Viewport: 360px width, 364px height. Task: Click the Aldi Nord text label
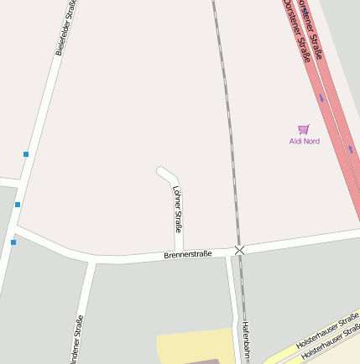tap(304, 141)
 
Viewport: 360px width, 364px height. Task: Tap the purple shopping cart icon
tap(304, 129)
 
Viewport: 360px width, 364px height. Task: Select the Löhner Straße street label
tap(178, 211)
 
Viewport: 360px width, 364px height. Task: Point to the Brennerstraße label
tap(188, 253)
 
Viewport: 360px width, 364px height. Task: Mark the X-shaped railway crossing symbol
tap(240, 250)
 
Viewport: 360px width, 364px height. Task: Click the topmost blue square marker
tap(26, 154)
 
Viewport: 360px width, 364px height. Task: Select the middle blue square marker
tap(17, 204)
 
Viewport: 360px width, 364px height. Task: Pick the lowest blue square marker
tap(13, 242)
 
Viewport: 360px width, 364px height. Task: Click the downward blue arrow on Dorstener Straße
tap(321, 98)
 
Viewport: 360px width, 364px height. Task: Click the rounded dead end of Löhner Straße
tap(162, 172)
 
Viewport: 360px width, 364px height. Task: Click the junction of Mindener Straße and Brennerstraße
tap(90, 261)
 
